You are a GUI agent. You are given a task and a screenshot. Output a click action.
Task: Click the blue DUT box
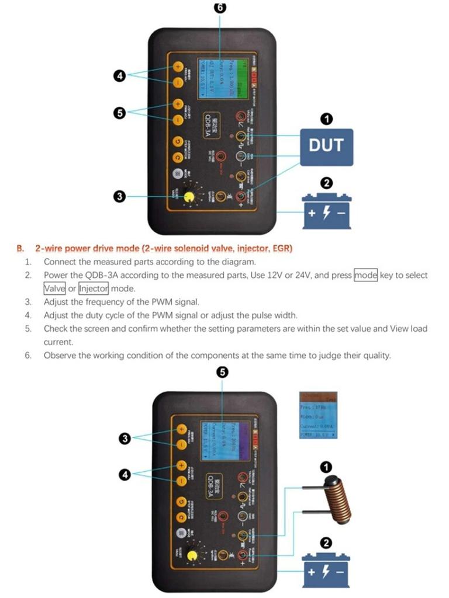[326, 145]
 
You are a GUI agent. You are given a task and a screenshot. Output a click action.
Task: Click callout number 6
[220, 8]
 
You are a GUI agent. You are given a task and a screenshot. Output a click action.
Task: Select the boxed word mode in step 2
[365, 275]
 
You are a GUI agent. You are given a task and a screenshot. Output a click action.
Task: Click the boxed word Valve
[54, 288]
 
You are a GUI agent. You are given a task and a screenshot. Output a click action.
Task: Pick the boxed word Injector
[94, 288]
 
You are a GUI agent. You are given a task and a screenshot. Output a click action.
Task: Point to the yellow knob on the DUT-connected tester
[189, 196]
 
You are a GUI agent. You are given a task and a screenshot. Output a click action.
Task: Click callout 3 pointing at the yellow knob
[119, 197]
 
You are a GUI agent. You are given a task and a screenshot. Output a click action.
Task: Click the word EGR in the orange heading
[282, 248]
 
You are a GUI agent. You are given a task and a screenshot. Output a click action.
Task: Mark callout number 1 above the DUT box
[327, 119]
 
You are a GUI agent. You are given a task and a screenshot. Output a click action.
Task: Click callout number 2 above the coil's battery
[327, 542]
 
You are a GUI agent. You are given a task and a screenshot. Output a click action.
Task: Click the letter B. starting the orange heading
[21, 248]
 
